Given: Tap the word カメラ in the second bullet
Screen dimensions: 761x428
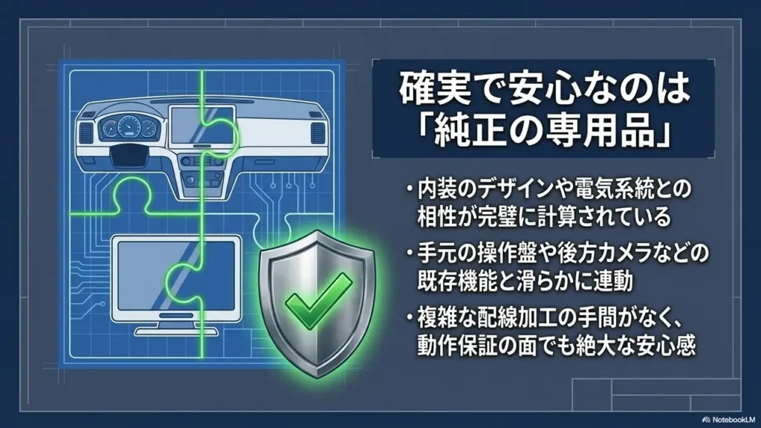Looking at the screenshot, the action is [621, 253].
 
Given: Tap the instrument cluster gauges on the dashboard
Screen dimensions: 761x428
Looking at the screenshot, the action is [129, 128].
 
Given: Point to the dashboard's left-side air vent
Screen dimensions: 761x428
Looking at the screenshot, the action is [86, 132].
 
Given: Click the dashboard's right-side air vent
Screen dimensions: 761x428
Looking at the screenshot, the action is [317, 132].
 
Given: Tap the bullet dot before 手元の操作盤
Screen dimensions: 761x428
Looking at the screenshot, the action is [410, 253].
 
